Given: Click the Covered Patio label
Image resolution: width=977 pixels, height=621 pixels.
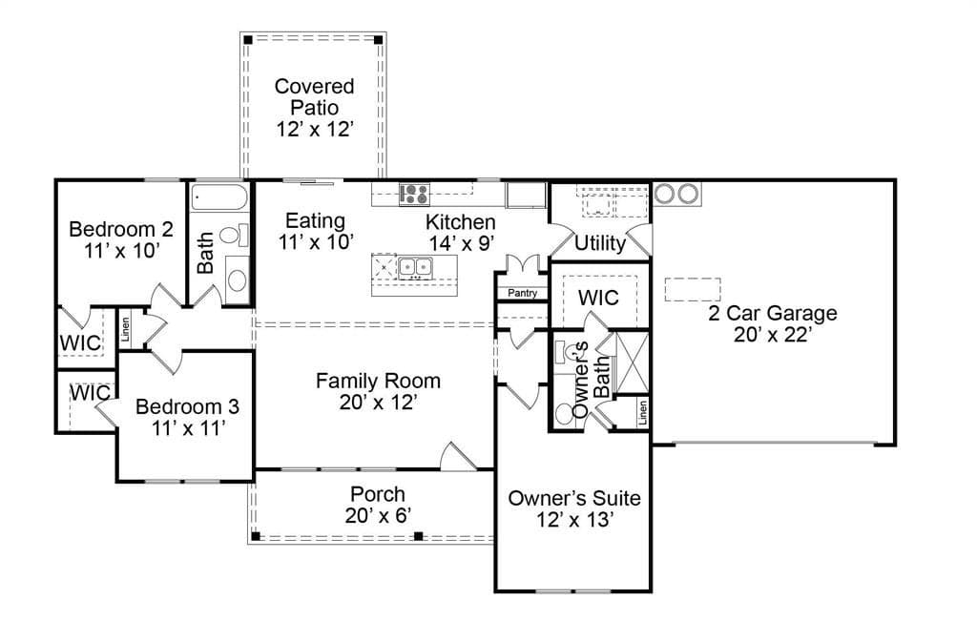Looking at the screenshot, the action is [x=315, y=96].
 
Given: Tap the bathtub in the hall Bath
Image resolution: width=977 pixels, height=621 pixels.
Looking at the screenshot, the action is [x=219, y=197].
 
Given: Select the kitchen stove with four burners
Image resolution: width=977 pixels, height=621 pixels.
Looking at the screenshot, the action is [x=414, y=194].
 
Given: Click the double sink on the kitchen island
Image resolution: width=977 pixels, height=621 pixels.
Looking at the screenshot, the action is [x=416, y=267].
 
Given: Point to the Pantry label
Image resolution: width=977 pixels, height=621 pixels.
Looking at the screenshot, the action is [x=522, y=293].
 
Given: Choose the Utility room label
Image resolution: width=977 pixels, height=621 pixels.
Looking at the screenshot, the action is [x=600, y=243].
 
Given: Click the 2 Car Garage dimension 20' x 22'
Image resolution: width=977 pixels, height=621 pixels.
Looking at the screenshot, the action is [x=773, y=335].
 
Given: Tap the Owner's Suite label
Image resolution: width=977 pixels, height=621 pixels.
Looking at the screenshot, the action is [x=574, y=498].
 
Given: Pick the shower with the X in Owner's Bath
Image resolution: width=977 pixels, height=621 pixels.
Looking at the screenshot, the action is [x=632, y=362].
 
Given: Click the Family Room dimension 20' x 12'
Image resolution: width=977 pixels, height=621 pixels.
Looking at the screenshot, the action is [x=378, y=403].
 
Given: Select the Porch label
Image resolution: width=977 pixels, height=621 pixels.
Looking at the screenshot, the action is [x=378, y=494].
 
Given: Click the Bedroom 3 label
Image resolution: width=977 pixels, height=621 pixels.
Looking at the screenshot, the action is [x=188, y=406].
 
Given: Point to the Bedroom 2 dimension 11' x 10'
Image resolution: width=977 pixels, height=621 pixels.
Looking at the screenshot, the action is [x=122, y=251].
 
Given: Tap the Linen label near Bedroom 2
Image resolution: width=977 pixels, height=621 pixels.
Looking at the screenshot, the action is [x=125, y=329].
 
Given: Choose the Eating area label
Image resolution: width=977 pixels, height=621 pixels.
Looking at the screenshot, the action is [x=315, y=220].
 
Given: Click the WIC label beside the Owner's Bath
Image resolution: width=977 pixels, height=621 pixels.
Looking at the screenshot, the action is [x=598, y=298].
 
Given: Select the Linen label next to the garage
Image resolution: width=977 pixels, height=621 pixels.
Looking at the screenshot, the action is [x=642, y=412].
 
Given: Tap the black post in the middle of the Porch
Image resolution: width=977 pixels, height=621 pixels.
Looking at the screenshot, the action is [x=419, y=536].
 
